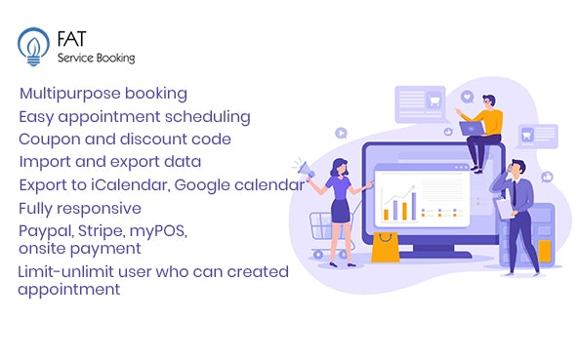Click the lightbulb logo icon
click(32, 46)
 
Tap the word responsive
click(102, 207)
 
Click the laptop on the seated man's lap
click(473, 129)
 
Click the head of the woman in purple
click(340, 165)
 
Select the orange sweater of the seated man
click(492, 122)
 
